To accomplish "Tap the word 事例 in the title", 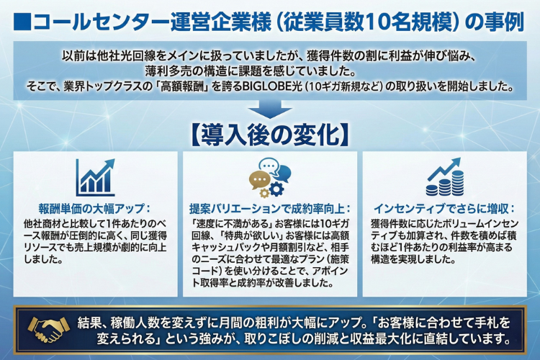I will [x=502, y=21].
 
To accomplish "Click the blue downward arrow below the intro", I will [x=270, y=109].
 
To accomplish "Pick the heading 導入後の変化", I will [x=270, y=134].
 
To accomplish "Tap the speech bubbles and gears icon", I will [x=269, y=177].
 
